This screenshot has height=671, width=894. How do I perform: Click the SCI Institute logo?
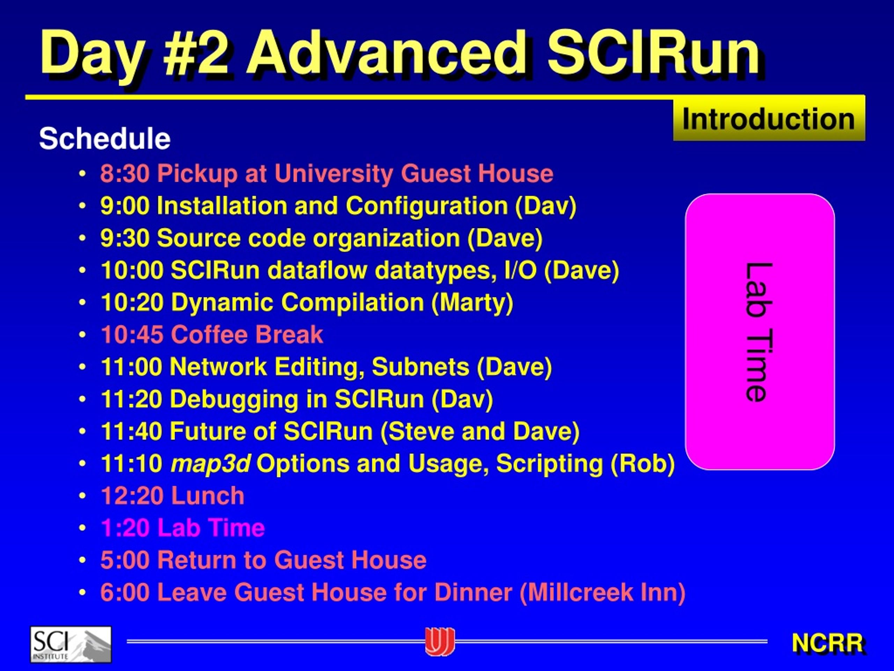[x=71, y=644]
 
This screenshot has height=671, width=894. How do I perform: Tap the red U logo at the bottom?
[x=440, y=642]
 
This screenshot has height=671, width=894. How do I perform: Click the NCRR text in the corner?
[x=828, y=643]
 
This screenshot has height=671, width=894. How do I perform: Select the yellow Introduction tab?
[x=769, y=119]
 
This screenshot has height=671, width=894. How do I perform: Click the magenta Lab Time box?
[x=760, y=332]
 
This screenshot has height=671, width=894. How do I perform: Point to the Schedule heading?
[x=105, y=138]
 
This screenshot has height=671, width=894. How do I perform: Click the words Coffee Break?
[x=247, y=334]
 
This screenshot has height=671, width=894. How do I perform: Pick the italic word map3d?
[x=211, y=463]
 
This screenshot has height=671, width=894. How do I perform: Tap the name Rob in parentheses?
[x=643, y=463]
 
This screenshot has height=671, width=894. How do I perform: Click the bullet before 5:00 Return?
[x=82, y=561]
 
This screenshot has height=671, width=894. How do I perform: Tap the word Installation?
[x=222, y=205]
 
